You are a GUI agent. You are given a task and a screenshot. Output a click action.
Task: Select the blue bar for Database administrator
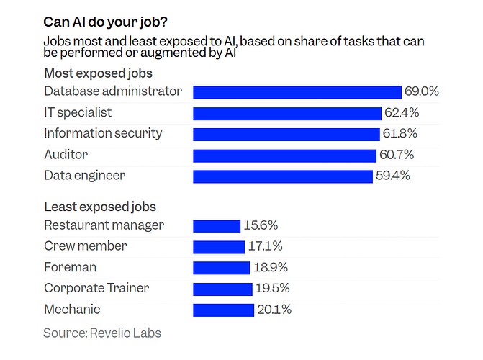[297, 92]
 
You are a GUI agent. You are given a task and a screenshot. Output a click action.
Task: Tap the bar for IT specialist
[286, 113]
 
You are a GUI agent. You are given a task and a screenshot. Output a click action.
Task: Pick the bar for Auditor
[284, 156]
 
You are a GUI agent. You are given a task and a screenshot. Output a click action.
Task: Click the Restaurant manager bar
[216, 226]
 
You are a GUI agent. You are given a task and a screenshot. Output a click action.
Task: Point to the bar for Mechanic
[224, 310]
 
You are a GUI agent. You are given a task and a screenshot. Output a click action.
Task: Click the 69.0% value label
[422, 92]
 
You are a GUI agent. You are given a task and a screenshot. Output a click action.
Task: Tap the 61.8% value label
[400, 134]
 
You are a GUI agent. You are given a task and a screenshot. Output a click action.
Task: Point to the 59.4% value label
[393, 176]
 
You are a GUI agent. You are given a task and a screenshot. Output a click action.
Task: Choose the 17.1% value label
[265, 247]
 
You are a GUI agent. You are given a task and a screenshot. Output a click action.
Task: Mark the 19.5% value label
[274, 289]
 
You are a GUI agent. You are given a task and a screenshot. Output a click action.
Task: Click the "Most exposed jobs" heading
[98, 73]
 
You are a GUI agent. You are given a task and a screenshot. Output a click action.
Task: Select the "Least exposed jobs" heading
[100, 207]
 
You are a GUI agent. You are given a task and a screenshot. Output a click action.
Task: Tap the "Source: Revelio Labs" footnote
[101, 333]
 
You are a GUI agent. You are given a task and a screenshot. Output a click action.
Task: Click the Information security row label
[103, 133]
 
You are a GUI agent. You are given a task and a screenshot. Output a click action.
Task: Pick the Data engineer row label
[84, 176]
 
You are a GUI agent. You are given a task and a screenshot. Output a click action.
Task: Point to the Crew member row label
[85, 246]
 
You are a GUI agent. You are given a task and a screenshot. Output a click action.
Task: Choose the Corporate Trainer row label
[96, 288]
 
